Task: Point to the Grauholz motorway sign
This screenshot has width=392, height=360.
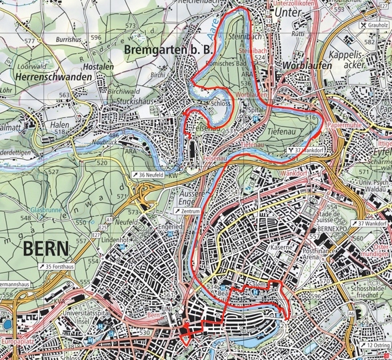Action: click(374, 25)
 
